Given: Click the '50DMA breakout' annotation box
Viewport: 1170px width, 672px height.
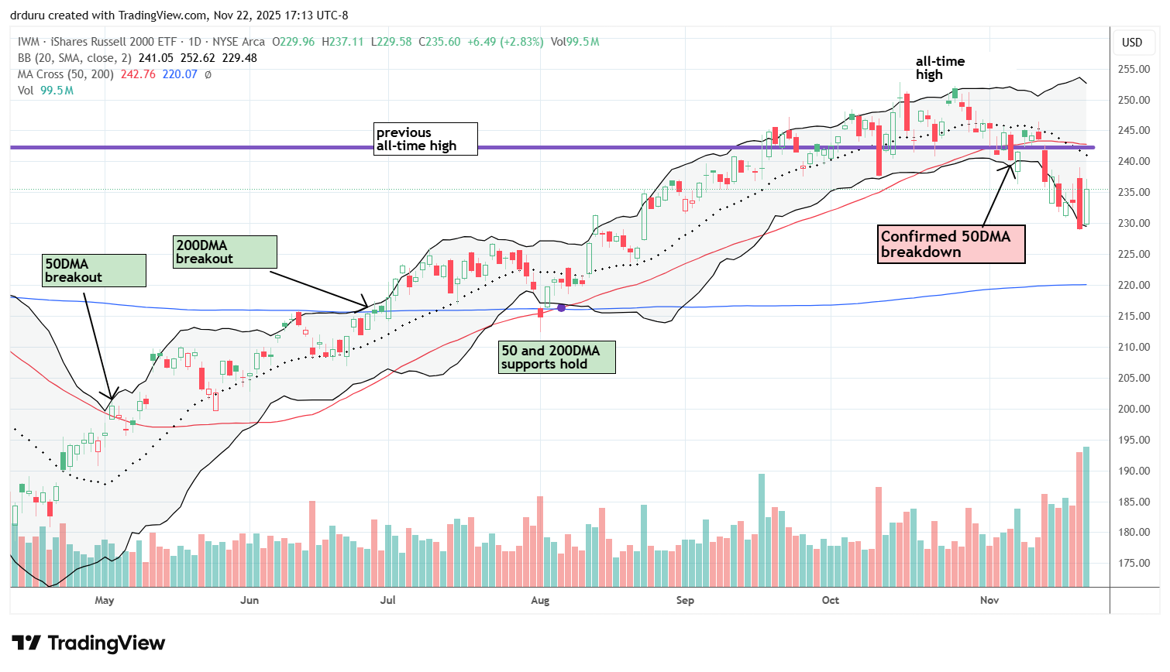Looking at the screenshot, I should [x=95, y=270].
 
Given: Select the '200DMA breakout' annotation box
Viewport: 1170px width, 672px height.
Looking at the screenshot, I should [x=225, y=252].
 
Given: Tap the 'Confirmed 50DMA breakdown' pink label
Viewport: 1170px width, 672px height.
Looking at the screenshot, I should [x=951, y=244].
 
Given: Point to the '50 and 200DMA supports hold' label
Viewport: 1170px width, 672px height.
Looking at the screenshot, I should [x=556, y=357].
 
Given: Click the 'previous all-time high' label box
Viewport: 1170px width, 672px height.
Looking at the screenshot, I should [x=425, y=139].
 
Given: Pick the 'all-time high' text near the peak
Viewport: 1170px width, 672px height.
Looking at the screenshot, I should [x=940, y=67].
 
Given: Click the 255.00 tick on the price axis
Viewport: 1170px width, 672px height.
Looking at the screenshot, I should [x=1133, y=69].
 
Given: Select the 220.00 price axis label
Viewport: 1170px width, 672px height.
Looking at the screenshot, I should [x=1133, y=285].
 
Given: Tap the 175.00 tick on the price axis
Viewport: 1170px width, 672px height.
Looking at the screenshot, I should [x=1133, y=563].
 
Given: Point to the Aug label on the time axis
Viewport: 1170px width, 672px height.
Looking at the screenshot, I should [x=540, y=600].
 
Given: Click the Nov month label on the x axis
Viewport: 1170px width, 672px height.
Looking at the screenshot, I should [x=989, y=600].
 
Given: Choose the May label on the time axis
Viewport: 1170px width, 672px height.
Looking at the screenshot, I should [x=105, y=600].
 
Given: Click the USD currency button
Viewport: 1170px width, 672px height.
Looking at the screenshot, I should [x=1132, y=42].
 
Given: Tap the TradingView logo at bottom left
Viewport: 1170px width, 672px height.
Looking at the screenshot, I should [x=89, y=643].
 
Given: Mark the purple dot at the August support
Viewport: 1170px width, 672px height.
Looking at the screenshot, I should [x=561, y=307].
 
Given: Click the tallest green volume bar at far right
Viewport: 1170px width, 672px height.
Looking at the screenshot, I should [x=1086, y=516].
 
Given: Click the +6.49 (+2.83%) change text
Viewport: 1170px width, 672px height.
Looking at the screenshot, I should [x=505, y=42].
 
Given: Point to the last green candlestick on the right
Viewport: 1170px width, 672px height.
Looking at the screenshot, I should [x=1086, y=207].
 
